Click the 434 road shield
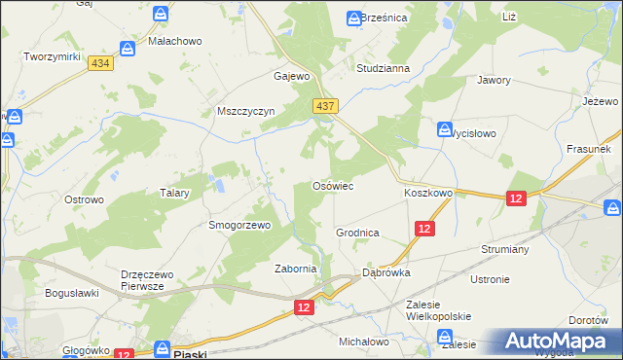[x=99, y=62]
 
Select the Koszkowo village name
[x=428, y=194]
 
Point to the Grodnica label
[x=357, y=234]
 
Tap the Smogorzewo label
[x=238, y=224]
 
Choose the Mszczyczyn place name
[x=247, y=111]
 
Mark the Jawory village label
[x=494, y=81]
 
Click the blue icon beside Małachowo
[x=128, y=48]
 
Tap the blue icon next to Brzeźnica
[x=354, y=18]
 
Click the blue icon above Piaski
[x=164, y=346]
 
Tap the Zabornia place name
[x=296, y=270]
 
